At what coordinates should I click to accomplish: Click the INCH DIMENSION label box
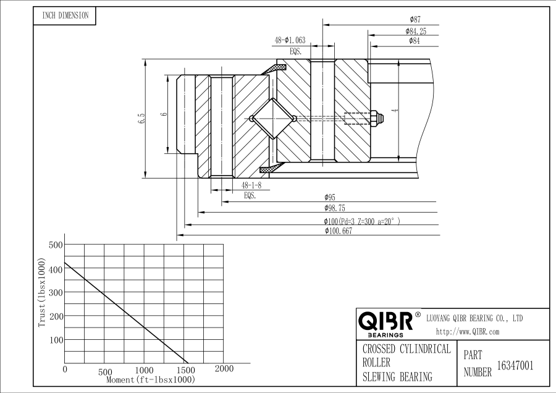65,15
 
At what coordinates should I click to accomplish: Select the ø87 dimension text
415,20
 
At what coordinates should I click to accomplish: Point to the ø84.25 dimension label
416,31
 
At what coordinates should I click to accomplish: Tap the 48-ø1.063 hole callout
290,40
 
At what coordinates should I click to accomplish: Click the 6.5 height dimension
141,118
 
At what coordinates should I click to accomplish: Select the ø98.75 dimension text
334,208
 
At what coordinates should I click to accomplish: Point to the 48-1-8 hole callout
251,185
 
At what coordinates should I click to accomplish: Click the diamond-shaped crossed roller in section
274,118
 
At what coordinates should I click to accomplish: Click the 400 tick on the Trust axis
56,269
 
